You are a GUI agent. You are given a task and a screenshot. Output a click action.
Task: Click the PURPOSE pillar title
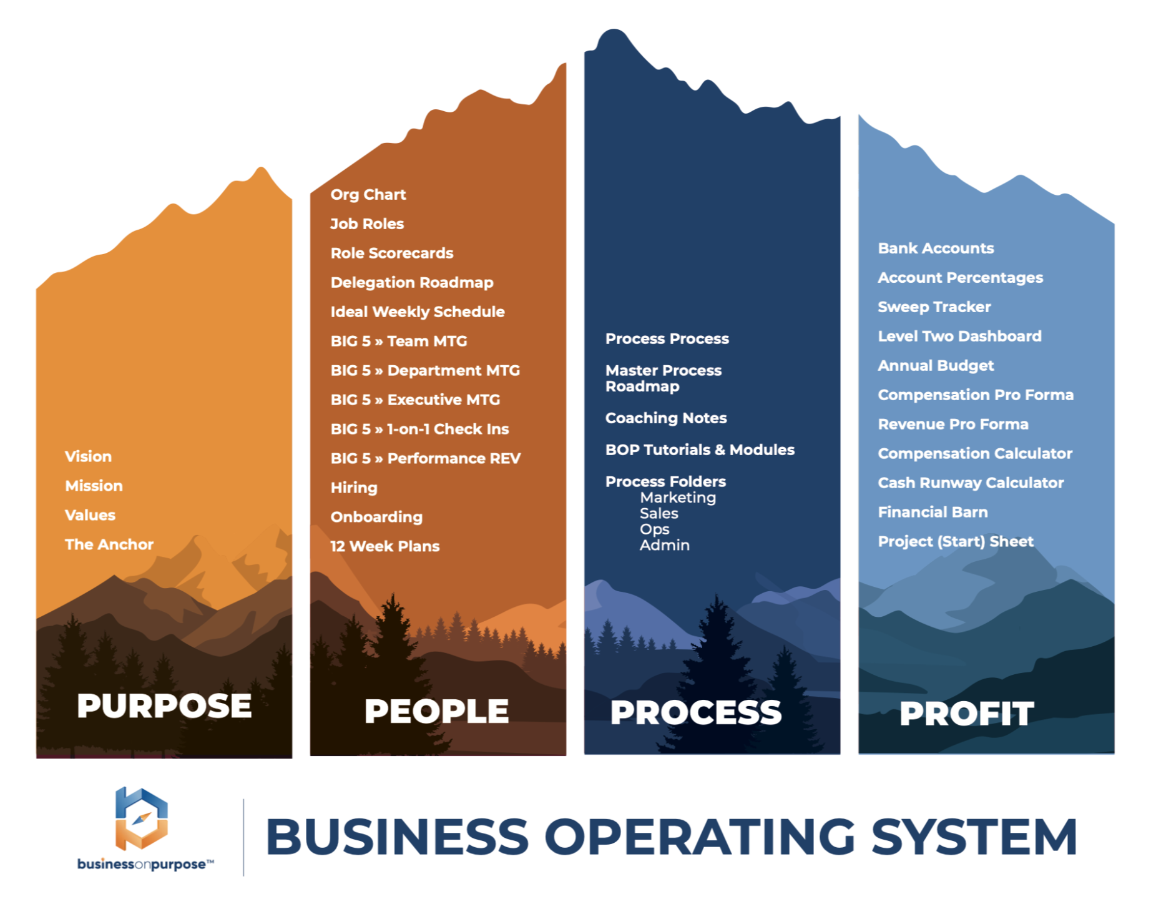click(x=164, y=706)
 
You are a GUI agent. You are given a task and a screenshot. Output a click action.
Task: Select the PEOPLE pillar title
click(x=436, y=711)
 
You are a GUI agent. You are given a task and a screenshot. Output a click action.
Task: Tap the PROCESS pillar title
click(x=695, y=712)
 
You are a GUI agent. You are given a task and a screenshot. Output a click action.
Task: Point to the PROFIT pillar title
click(x=966, y=714)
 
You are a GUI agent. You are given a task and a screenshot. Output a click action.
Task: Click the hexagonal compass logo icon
click(x=142, y=818)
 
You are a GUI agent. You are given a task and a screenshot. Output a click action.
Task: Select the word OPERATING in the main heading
click(x=700, y=837)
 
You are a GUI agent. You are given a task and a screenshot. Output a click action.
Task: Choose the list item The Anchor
click(x=109, y=544)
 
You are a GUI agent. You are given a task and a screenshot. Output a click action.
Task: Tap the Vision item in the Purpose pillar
click(x=89, y=456)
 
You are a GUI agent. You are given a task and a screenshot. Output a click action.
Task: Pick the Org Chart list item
click(x=368, y=195)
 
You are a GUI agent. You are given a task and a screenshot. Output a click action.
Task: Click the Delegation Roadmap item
click(x=412, y=283)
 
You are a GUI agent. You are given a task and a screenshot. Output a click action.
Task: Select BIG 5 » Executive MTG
click(x=415, y=400)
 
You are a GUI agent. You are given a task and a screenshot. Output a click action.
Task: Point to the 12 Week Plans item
click(x=385, y=546)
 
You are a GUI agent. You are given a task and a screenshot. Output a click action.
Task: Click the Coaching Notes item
click(x=666, y=418)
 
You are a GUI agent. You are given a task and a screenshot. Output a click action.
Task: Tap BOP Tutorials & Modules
click(x=700, y=450)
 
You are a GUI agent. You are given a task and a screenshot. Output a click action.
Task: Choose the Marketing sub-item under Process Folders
click(x=678, y=498)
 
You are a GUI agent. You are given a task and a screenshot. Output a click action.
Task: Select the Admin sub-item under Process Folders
click(x=665, y=545)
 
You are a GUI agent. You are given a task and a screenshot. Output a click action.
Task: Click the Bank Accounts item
click(x=936, y=248)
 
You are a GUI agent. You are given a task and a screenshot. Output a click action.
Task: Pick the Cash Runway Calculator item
click(x=971, y=483)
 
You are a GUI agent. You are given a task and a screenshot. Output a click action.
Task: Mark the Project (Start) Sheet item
click(x=956, y=542)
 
